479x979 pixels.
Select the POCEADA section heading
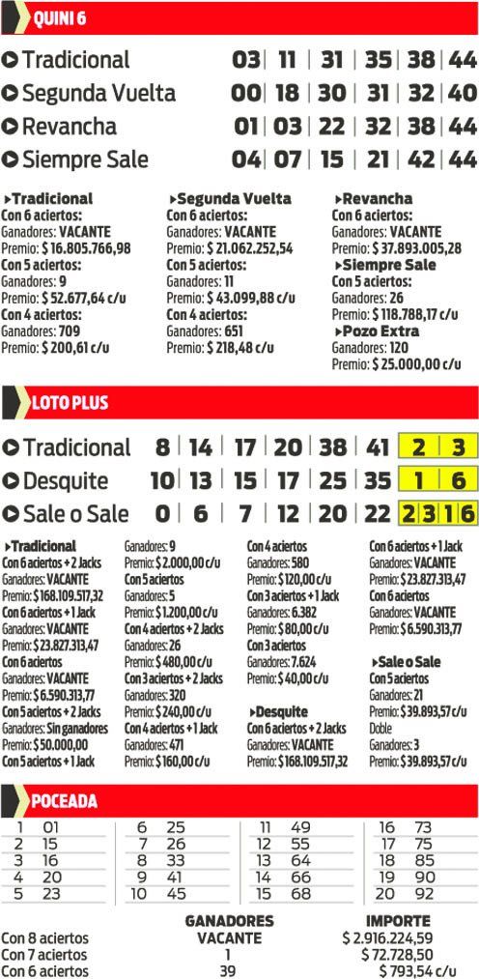coord(64,800)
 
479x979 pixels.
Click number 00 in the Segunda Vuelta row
coord(246,94)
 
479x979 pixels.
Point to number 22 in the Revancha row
coord(331,127)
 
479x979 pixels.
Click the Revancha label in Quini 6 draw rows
coord(69,127)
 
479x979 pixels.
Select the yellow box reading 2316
coord(437,514)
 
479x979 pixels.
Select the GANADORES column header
coord(229,921)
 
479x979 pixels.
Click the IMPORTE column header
coord(398,921)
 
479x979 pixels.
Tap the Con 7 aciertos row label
coord(44,955)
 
